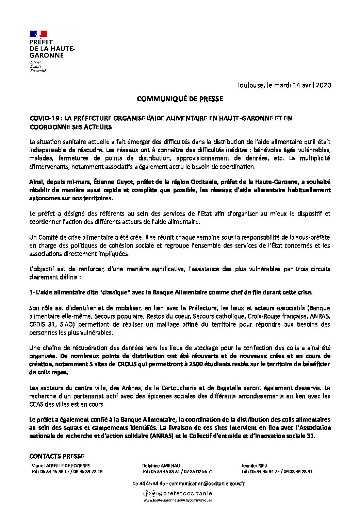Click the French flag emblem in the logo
tap(38, 34)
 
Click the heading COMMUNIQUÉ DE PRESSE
tap(180, 99)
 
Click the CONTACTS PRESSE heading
tap(56, 456)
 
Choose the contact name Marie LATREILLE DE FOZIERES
tap(61, 466)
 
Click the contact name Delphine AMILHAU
tap(161, 466)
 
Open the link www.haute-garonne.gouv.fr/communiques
tap(178, 500)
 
